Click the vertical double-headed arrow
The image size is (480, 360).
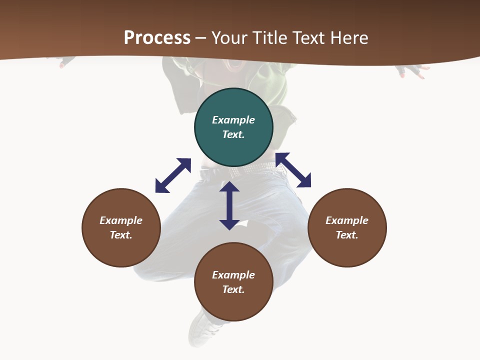229,205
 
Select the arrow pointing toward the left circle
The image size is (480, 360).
173,175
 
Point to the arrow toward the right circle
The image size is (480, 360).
293,170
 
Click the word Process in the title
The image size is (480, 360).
157,37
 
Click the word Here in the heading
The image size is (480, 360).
349,37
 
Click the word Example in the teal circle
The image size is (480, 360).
233,120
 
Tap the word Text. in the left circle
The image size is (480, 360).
121,235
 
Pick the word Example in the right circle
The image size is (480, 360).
347,220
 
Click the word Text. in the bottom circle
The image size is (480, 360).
233,289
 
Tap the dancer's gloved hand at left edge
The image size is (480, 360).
66,62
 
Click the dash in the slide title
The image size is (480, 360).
201,38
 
